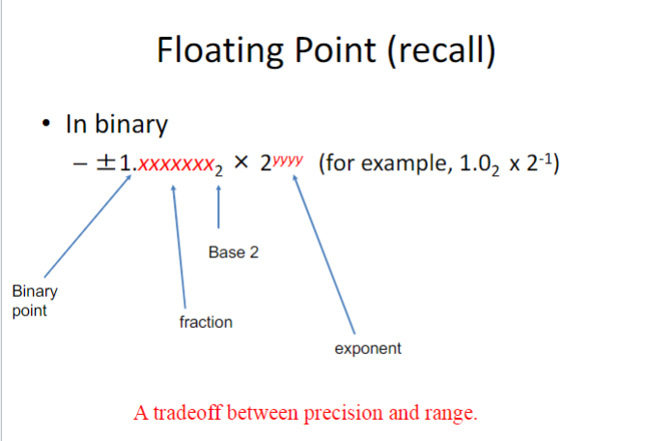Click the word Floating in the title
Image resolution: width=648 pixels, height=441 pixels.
220,50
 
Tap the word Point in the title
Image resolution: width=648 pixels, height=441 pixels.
335,49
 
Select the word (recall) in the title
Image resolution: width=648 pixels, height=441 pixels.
441,50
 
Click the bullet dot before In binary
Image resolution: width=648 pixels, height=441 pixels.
46,123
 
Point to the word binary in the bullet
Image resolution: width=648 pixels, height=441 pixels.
131,124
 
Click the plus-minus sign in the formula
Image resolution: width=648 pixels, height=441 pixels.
106,162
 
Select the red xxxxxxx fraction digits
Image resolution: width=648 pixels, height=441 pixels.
175,164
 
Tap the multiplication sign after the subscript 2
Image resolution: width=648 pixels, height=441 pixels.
240,162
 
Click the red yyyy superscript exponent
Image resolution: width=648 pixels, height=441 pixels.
288,160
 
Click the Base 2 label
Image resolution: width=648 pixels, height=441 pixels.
234,252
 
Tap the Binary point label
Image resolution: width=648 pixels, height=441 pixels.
35,301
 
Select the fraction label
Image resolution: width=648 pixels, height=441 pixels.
206,322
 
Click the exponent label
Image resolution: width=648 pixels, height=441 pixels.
368,349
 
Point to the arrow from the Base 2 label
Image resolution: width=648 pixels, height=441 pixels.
218,207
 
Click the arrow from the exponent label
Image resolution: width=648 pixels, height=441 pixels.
324,254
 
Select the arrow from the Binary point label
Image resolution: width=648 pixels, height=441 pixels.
88,226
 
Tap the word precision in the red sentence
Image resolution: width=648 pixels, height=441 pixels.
343,413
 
